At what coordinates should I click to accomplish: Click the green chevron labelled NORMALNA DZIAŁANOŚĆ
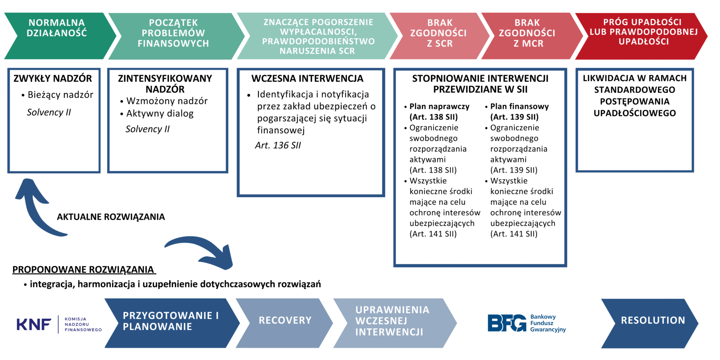(x=57, y=36)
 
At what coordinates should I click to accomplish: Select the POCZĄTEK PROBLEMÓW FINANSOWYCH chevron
(x=174, y=36)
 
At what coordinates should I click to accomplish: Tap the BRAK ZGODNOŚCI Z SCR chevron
(x=439, y=36)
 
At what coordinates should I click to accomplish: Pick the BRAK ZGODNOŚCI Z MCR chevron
(x=527, y=36)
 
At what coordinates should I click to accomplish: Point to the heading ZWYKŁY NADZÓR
(x=53, y=78)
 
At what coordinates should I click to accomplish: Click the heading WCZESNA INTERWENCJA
(x=307, y=78)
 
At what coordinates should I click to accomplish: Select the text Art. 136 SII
(x=278, y=146)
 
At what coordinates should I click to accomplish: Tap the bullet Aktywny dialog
(x=160, y=114)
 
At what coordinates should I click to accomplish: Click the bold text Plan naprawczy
(x=439, y=106)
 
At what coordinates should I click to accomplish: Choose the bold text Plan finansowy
(x=519, y=106)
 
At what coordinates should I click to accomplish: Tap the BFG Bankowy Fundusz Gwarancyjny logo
(x=526, y=323)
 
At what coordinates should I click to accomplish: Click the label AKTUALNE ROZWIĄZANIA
(x=111, y=217)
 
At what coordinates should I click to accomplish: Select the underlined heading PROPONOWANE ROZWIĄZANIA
(x=83, y=270)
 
